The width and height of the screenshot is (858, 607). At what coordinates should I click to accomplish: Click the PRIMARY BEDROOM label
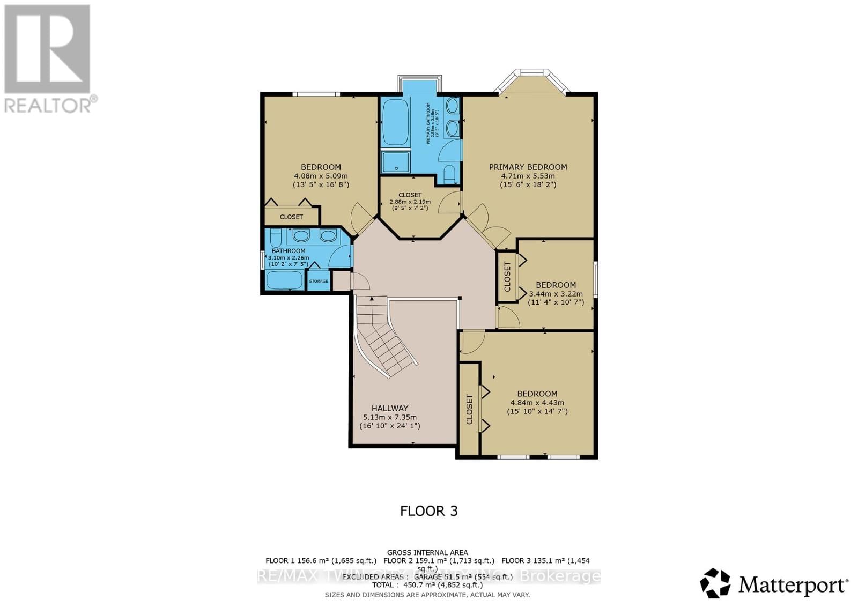pos(528,167)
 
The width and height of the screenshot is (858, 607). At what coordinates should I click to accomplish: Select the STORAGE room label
pos(319,281)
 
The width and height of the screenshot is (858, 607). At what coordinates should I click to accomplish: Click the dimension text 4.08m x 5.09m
pos(321,176)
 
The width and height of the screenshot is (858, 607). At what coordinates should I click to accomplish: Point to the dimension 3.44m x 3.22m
pos(556,294)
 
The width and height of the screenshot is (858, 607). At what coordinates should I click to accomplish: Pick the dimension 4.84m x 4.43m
pos(537,403)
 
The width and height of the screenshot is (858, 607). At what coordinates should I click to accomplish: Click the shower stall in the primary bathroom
pos(396,162)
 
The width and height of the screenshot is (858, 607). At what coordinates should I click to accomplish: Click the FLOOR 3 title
pos(428,510)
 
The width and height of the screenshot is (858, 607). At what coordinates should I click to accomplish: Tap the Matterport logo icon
pos(715,583)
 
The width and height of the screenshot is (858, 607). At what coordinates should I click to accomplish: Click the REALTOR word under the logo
pos(48,105)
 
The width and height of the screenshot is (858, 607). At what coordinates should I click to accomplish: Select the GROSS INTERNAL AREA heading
pos(427,552)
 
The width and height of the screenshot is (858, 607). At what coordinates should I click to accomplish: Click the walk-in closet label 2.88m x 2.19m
pos(410,202)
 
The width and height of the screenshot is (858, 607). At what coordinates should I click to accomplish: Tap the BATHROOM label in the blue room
pos(289,251)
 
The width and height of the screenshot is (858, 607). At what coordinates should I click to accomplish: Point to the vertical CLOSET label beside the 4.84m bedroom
pos(470,409)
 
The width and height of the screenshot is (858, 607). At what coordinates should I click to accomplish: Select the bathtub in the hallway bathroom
pos(285,280)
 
